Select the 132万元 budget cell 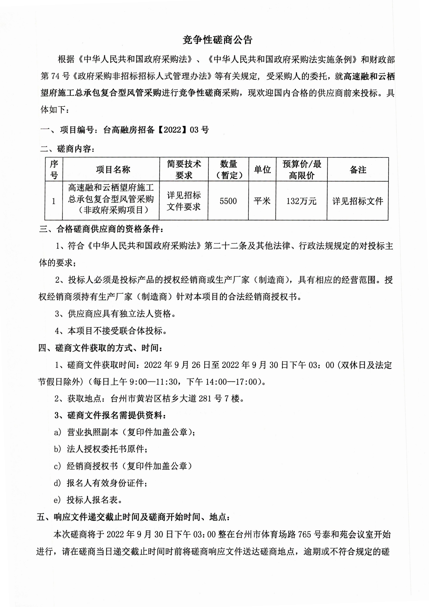(x=301, y=201)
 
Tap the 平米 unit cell (x=262, y=201)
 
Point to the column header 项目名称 (x=113, y=169)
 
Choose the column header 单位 (x=262, y=169)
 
